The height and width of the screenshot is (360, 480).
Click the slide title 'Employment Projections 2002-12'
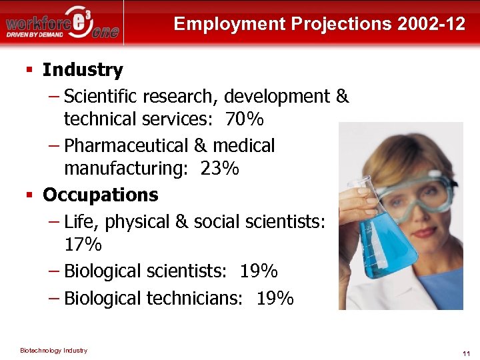coord(319,25)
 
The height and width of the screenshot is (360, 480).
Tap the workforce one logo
coord(63,23)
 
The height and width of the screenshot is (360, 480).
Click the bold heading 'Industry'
coord(83,70)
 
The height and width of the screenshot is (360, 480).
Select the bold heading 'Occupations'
coord(100,195)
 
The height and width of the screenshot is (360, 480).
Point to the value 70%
coord(244,120)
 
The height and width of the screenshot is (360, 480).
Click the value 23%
coord(219,169)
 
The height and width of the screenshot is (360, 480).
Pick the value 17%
coord(83,245)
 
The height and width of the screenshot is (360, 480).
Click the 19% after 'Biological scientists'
coord(259,271)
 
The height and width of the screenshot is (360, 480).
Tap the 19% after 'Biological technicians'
coord(275,298)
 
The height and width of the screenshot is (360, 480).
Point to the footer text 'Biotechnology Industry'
coord(53,351)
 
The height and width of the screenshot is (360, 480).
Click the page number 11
coord(466,353)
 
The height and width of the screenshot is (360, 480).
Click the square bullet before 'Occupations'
coord(29,195)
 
